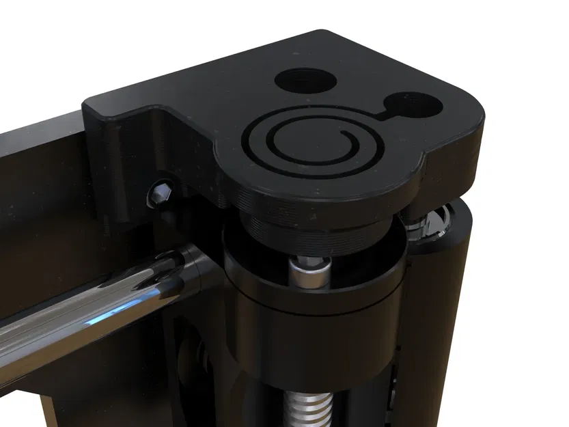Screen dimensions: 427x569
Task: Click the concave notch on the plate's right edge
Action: coord(425,164)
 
